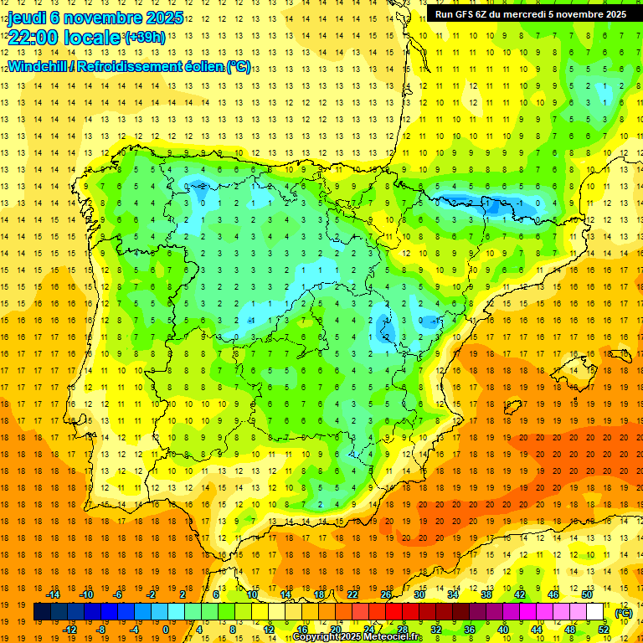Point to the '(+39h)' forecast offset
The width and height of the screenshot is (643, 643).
145,38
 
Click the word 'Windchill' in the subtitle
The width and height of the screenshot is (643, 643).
39,66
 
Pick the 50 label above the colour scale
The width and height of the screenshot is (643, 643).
586,594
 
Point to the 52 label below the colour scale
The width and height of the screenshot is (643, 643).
603,629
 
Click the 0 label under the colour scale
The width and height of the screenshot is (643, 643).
166,629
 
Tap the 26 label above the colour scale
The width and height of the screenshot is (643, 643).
386,594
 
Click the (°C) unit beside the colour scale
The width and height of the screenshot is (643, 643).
623,612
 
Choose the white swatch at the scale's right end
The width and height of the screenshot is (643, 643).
594,612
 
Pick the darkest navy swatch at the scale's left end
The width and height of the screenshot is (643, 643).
42,612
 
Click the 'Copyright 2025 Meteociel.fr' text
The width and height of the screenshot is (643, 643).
357,637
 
